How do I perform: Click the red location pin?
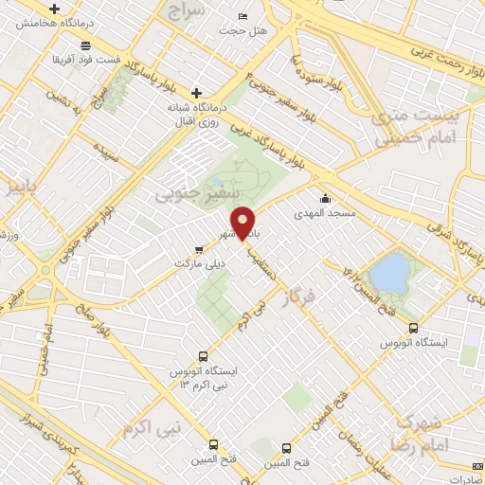[243, 224]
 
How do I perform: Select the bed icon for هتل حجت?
[242, 17]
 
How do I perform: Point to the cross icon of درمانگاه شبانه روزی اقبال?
[196, 93]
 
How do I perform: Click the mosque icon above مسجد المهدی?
[326, 199]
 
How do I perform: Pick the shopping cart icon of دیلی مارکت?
[199, 251]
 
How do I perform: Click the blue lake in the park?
[387, 272]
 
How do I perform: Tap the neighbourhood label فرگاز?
[304, 305]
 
